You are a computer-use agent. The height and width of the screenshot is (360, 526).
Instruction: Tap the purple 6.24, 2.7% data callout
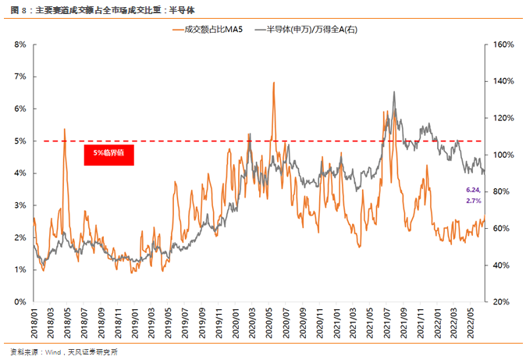click(x=473, y=195)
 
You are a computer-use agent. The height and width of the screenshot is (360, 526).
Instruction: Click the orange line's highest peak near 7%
click(x=273, y=82)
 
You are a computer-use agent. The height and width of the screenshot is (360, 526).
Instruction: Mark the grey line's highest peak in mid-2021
click(x=394, y=92)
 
